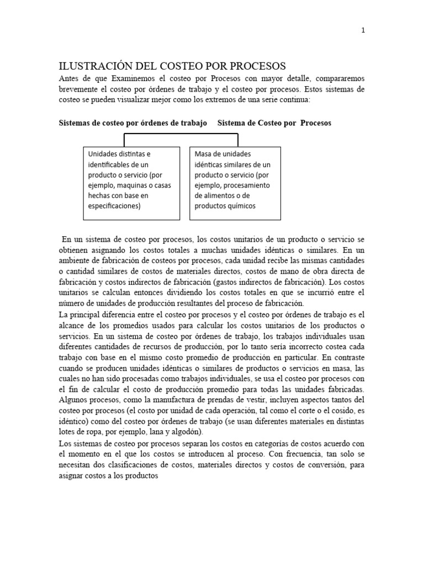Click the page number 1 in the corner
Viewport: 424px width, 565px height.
pos(363,30)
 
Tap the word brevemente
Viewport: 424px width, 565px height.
pos(80,88)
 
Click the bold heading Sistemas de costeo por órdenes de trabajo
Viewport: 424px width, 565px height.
pos(132,123)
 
